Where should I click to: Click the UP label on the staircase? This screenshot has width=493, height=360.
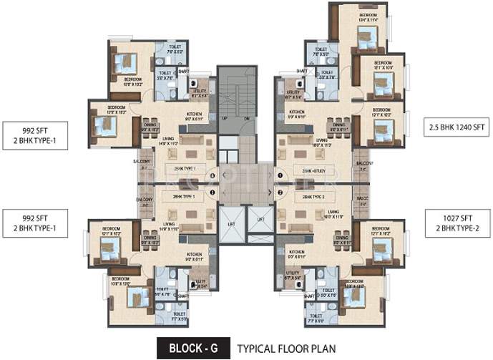tap(224, 117)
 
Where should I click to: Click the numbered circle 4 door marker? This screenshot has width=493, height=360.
tap(212, 175)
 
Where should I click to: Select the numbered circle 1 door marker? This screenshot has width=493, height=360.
tap(281, 175)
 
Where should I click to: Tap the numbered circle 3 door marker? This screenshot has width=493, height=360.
tap(212, 192)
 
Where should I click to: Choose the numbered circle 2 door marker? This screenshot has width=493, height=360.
tap(281, 192)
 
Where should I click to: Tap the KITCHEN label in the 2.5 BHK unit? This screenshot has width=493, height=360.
tap(297, 112)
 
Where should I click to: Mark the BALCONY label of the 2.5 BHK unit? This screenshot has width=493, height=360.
tap(366, 163)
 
